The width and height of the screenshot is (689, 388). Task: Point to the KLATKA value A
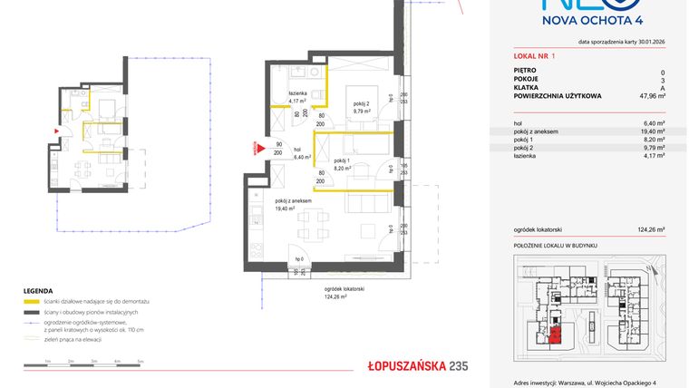point(662,87)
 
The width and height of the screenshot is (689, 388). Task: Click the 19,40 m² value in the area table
point(653,131)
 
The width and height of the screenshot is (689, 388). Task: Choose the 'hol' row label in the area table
point(519,123)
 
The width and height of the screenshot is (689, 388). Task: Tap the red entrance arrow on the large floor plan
point(257,146)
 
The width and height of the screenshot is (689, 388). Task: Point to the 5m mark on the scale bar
point(141,361)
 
